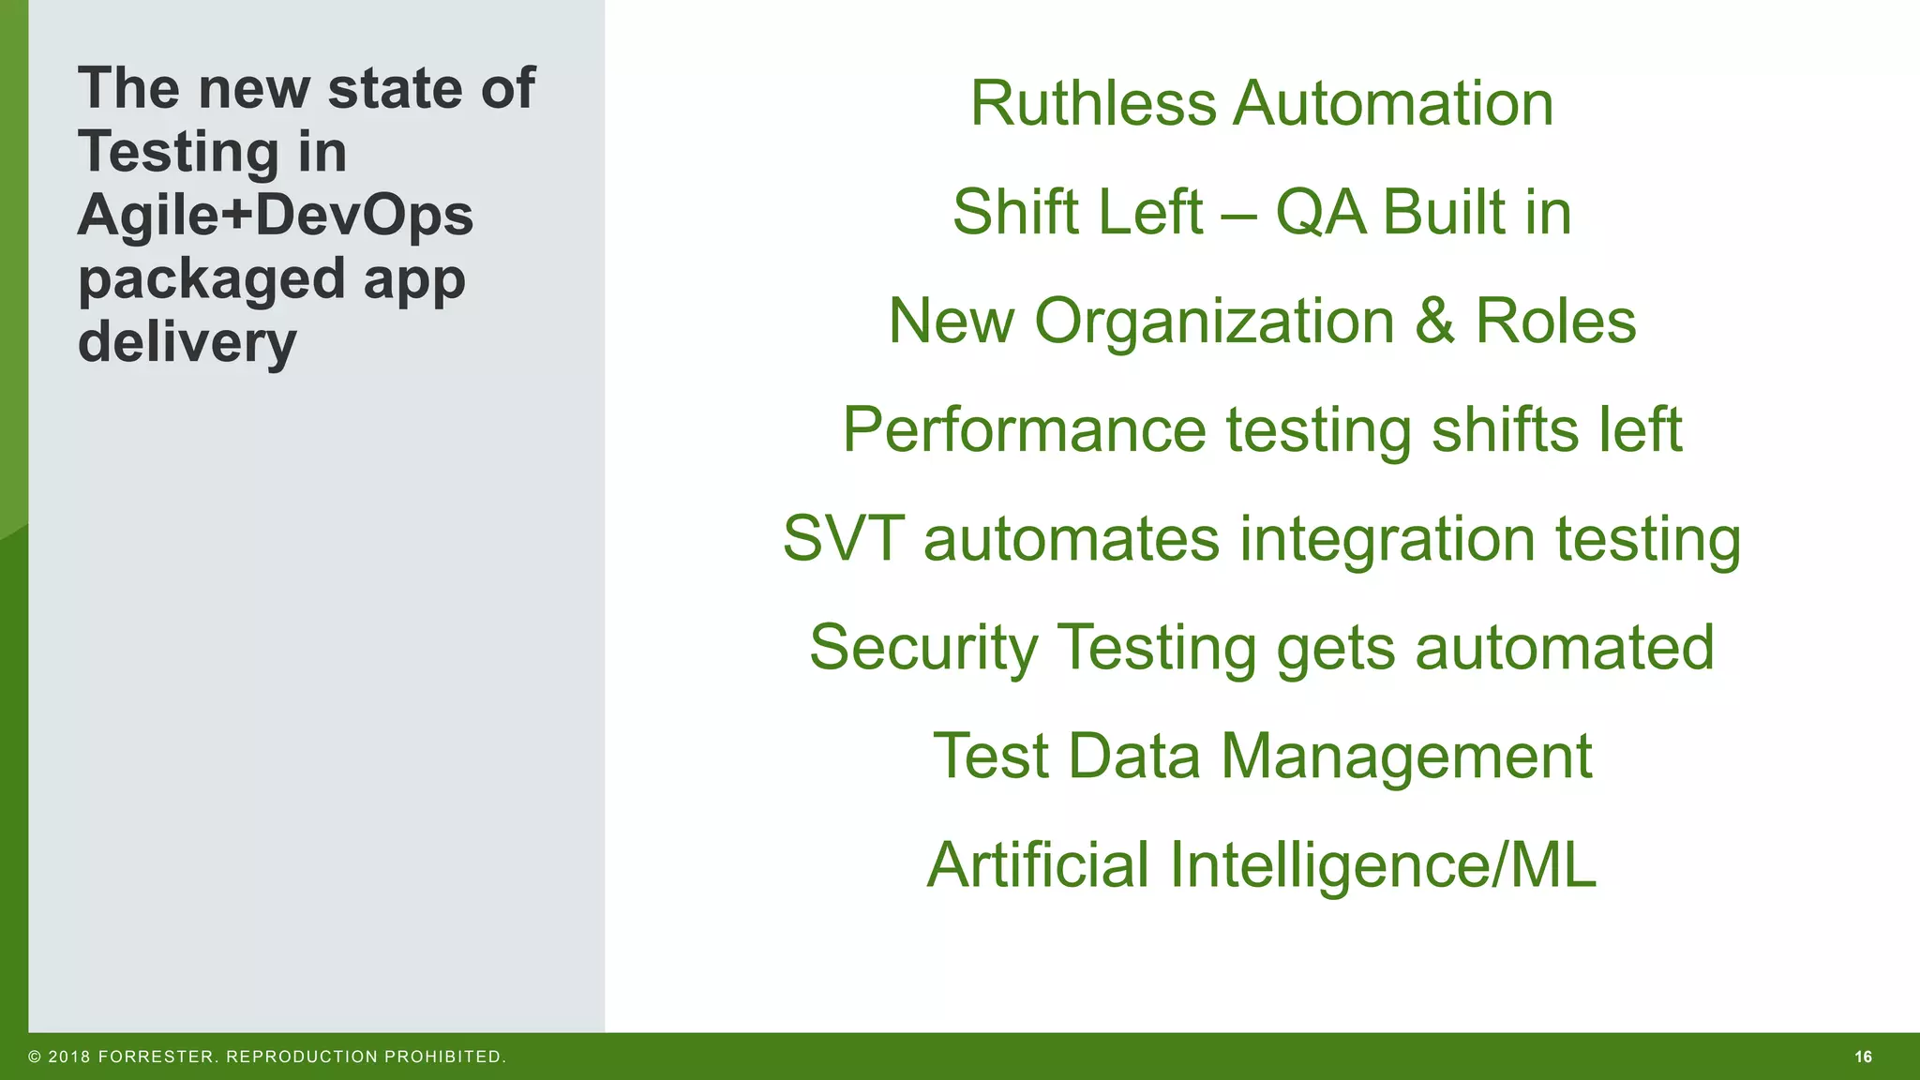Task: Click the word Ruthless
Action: [1091, 103]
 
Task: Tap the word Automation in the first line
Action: [1393, 103]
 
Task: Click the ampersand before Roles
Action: [1434, 322]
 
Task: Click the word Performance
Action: [1024, 431]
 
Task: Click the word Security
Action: [923, 649]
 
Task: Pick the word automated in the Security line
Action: [1564, 649]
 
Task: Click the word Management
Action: [1406, 757]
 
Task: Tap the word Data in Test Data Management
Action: [1133, 757]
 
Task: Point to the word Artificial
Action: [1038, 865]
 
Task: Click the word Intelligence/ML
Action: [1383, 867]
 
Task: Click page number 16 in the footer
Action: [1863, 1057]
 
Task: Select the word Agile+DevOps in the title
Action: [276, 217]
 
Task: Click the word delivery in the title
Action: [187, 343]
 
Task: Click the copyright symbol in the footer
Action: [35, 1057]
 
